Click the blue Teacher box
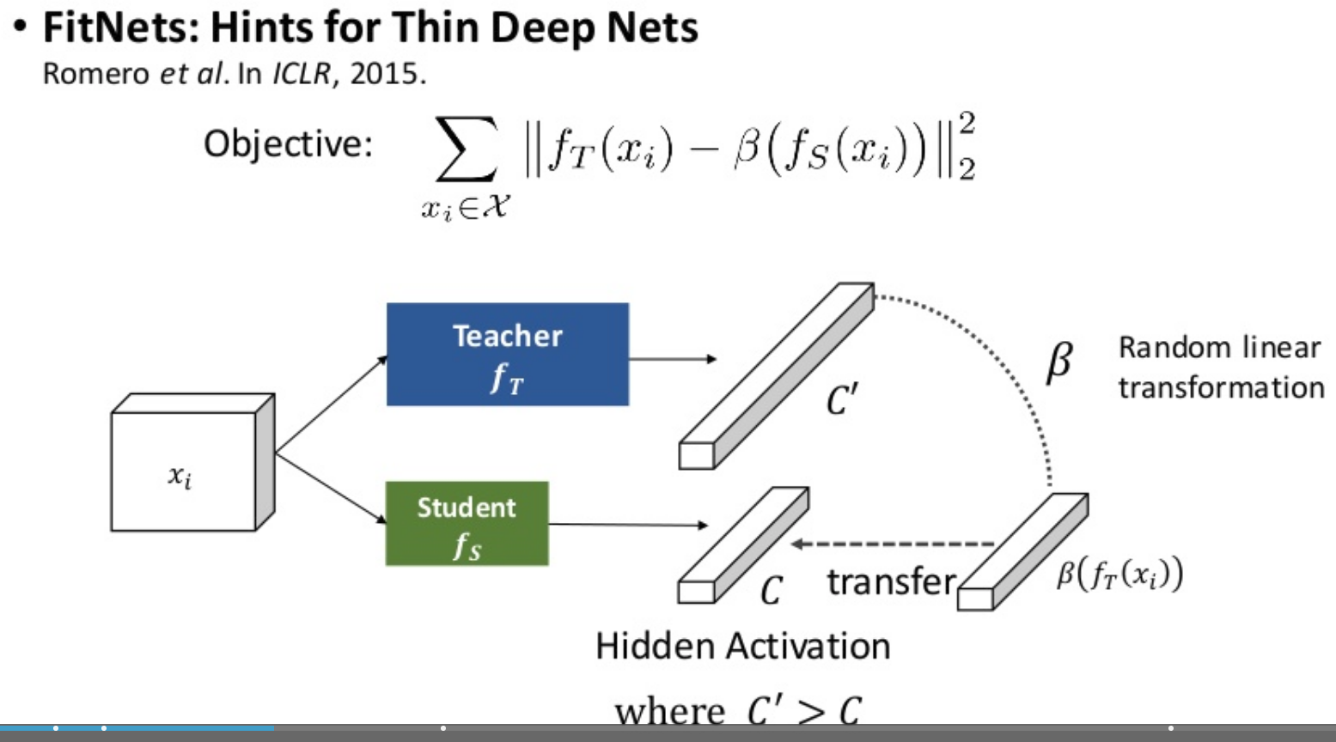(507, 354)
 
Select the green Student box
(467, 523)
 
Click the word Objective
(287, 143)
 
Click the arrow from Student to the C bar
(627, 525)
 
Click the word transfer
(890, 582)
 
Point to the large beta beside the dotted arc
(1059, 361)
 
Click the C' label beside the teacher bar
(842, 399)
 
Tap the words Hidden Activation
(742, 646)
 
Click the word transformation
(1220, 387)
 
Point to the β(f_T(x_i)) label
(1119, 573)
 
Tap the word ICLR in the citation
(301, 74)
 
